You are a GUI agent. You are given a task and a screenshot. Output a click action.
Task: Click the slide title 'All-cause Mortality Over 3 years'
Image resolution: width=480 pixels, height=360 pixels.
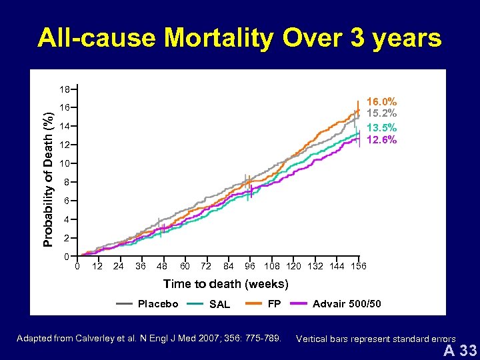click(239, 38)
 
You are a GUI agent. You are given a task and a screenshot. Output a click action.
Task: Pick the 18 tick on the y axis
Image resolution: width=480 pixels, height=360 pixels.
click(64, 89)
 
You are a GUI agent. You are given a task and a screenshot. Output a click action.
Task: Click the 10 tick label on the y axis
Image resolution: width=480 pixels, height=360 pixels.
click(64, 163)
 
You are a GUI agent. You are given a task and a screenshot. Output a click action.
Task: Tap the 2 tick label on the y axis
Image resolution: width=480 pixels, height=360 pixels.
click(66, 238)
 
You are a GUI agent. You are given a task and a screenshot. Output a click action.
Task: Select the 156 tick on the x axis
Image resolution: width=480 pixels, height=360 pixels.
click(358, 267)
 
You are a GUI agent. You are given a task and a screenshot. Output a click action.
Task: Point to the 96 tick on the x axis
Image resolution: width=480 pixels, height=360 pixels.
click(250, 267)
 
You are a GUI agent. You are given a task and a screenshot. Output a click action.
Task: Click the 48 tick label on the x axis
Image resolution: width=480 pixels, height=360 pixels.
click(161, 267)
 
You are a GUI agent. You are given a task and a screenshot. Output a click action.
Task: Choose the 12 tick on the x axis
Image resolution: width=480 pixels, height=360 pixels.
click(97, 267)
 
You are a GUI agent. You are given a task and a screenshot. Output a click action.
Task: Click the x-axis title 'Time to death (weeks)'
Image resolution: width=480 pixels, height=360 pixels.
click(226, 284)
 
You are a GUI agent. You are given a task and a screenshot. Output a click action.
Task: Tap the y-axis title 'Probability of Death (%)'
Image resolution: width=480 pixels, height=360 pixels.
click(49, 172)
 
